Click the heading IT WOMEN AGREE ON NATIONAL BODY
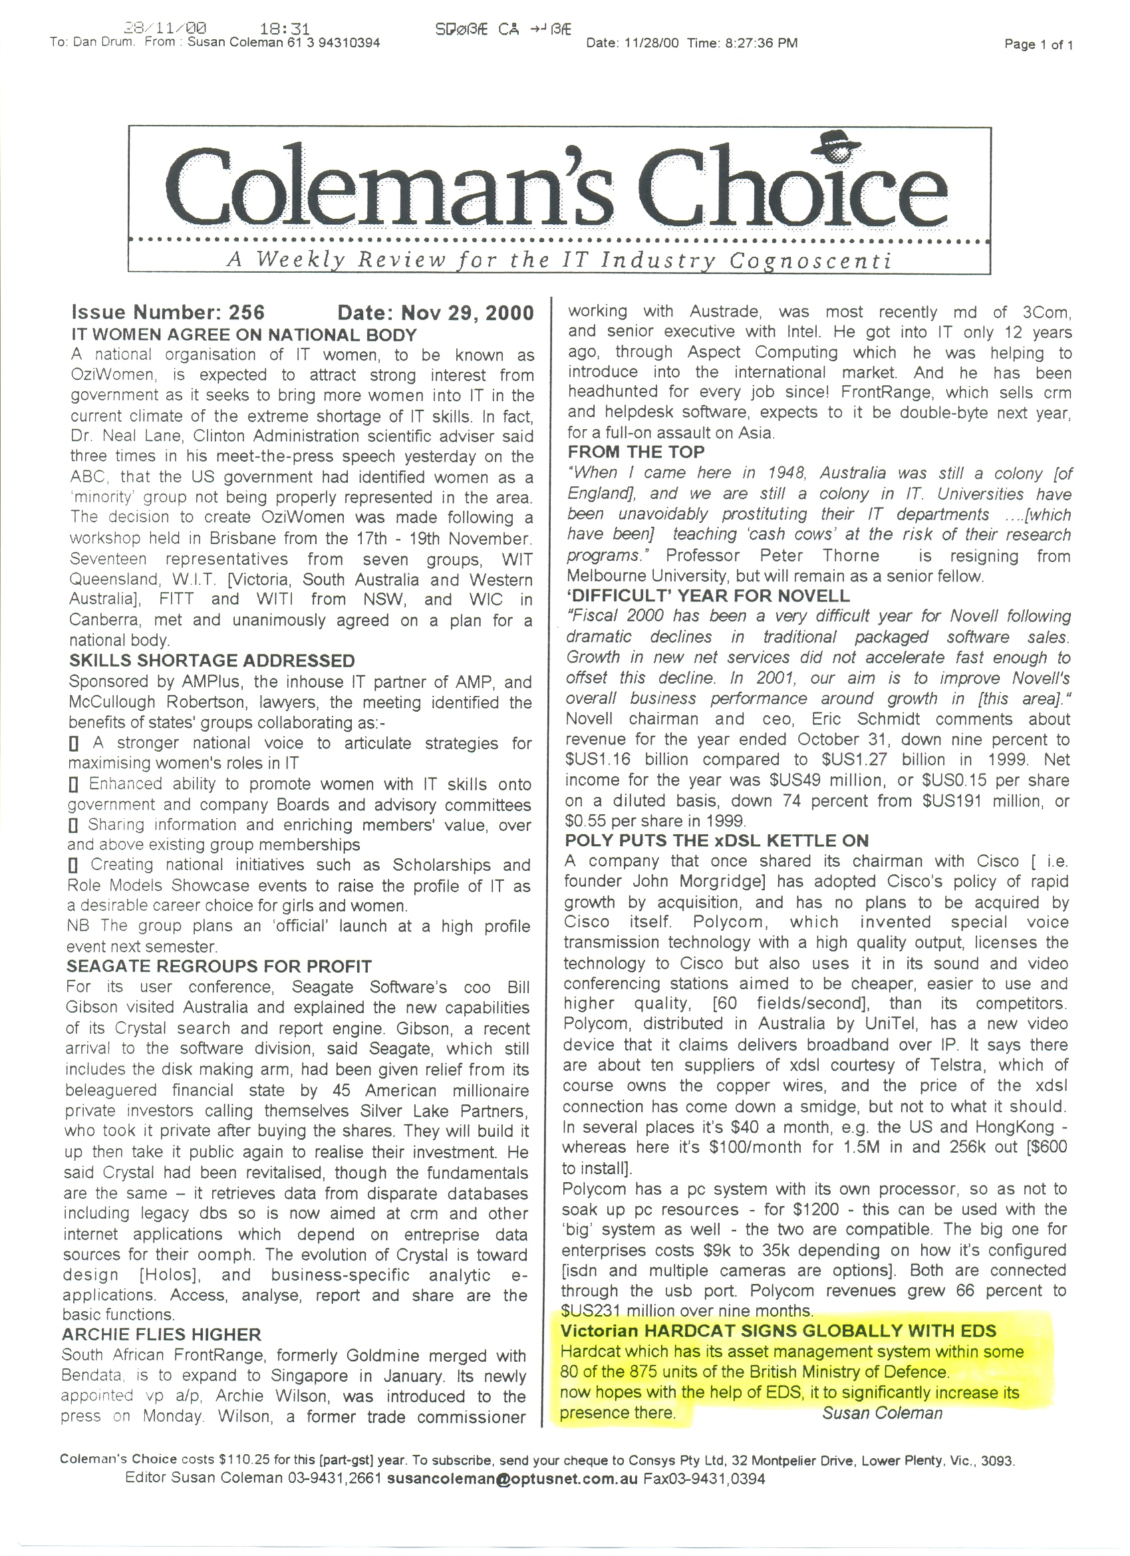[244, 335]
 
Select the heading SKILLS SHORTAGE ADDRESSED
[212, 661]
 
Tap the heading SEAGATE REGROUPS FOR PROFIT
[219, 967]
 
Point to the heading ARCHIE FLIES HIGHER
[161, 1334]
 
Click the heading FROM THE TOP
[636, 452]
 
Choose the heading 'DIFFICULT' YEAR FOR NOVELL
[708, 595]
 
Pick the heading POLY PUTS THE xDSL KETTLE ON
[716, 840]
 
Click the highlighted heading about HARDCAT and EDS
[778, 1330]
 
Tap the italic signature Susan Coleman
[883, 1412]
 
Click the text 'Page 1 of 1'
[1038, 45]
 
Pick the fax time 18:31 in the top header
[285, 29]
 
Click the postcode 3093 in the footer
[996, 1460]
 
